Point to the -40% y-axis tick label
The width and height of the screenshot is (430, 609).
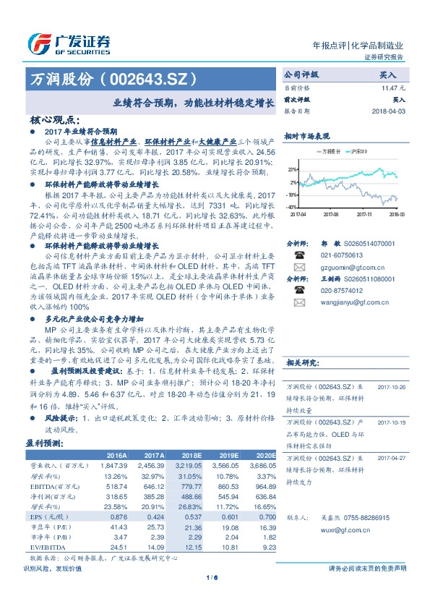pyautogui.click(x=292, y=207)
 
